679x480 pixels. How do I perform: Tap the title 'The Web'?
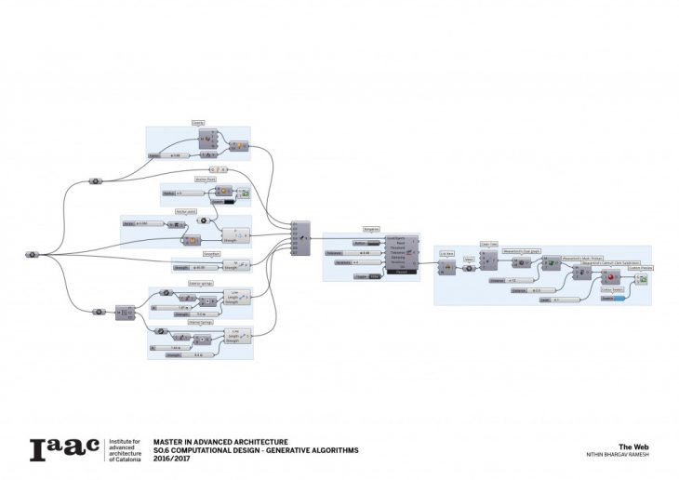[632, 446]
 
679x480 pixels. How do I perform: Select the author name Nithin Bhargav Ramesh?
[619, 455]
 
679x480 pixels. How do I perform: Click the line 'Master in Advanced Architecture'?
[220, 441]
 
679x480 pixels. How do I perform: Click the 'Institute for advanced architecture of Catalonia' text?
[127, 449]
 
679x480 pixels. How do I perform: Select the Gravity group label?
[198, 123]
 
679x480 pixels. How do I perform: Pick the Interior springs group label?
[201, 323]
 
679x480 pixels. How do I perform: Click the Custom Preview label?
[640, 268]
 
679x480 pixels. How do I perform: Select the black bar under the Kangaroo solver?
[402, 273]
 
